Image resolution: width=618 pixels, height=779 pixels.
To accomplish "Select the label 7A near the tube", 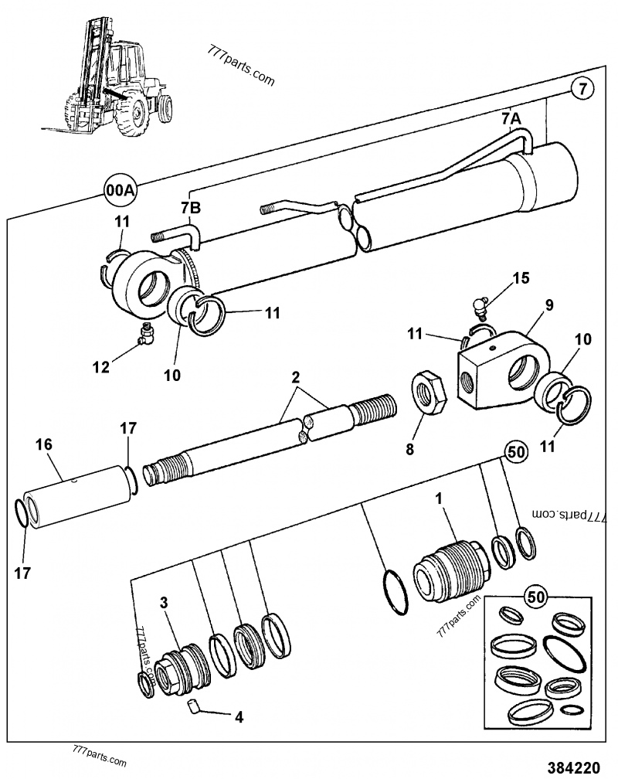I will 512,118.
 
